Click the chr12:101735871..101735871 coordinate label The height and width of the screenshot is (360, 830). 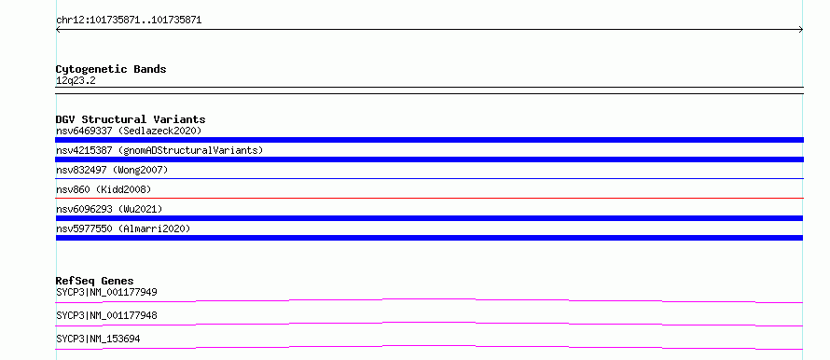pos(129,21)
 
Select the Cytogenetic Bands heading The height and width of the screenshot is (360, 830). pos(111,69)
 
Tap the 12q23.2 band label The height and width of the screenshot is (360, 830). pos(76,81)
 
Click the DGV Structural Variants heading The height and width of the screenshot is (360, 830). pos(131,119)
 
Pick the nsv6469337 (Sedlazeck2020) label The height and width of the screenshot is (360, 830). pos(129,131)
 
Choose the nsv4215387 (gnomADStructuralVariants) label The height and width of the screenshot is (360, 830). pos(159,150)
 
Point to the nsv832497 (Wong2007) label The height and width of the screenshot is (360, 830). pos(112,170)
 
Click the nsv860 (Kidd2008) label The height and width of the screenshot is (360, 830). pos(104,189)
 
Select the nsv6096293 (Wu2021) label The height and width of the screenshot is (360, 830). pos(109,209)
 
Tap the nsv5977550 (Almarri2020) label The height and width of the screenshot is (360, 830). pos(123,228)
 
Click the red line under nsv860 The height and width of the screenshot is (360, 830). pos(429,198)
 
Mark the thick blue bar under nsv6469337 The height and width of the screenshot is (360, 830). pos(429,140)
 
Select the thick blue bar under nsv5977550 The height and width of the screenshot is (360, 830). pos(429,238)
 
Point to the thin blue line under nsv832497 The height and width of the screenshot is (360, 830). pos(429,178)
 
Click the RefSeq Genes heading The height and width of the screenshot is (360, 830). pos(95,281)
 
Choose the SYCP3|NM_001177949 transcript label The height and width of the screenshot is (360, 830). pos(106,292)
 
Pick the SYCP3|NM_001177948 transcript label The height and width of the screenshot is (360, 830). pos(106,315)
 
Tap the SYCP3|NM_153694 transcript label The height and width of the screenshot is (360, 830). pos(98,339)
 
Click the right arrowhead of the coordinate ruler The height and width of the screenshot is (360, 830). pos(802,30)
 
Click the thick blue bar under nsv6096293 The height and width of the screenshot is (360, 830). pos(429,218)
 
